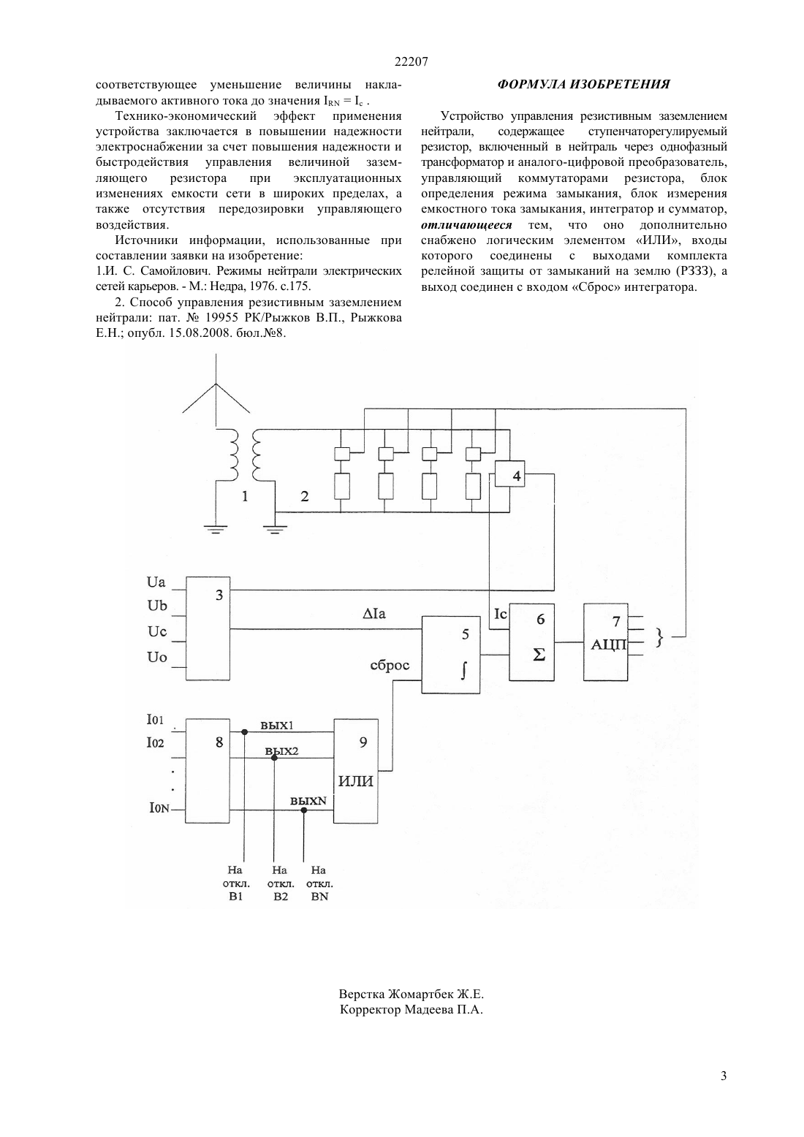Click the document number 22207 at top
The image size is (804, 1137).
(411, 61)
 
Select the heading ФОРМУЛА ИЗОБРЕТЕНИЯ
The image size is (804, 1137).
(584, 84)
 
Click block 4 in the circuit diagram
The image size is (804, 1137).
(509, 474)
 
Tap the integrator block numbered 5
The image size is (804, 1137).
(451, 655)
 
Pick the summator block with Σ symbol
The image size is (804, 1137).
(531, 642)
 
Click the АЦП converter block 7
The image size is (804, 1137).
(605, 642)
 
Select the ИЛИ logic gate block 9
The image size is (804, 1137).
(355, 771)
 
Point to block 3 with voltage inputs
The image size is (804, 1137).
(208, 628)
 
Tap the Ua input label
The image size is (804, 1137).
(156, 582)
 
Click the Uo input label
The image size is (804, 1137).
(157, 658)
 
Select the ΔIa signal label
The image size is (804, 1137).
(374, 614)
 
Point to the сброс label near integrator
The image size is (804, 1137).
(390, 665)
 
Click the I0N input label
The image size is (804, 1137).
(159, 807)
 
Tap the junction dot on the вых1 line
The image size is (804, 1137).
(244, 732)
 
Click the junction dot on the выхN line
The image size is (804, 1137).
(303, 810)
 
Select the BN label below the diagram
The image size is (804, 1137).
(320, 897)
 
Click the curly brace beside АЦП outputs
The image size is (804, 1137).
(659, 637)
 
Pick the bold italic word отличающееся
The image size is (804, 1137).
(466, 225)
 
